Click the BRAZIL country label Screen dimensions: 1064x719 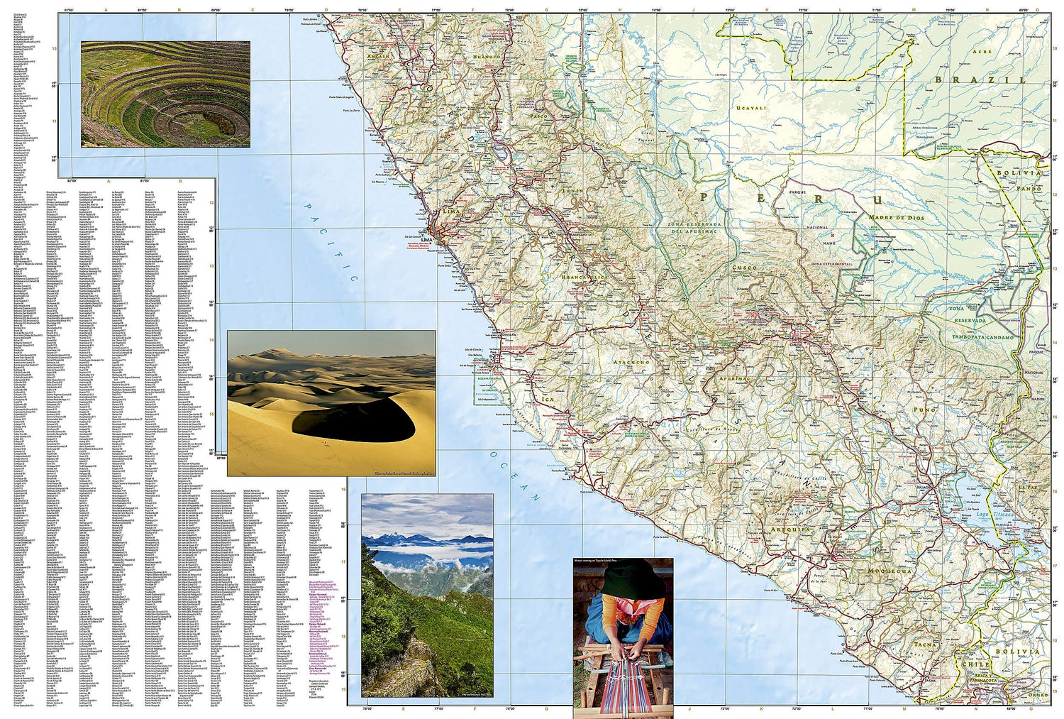[980, 80]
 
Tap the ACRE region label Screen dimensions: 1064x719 [982, 52]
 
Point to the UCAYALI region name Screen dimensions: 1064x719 [751, 109]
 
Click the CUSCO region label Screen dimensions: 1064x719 [745, 268]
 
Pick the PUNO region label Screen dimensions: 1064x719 [924, 410]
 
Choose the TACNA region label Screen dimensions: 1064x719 [924, 644]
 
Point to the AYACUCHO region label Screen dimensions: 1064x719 [631, 362]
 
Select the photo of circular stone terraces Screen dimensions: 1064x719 [165, 94]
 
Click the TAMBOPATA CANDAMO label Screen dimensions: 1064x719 [982, 337]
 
